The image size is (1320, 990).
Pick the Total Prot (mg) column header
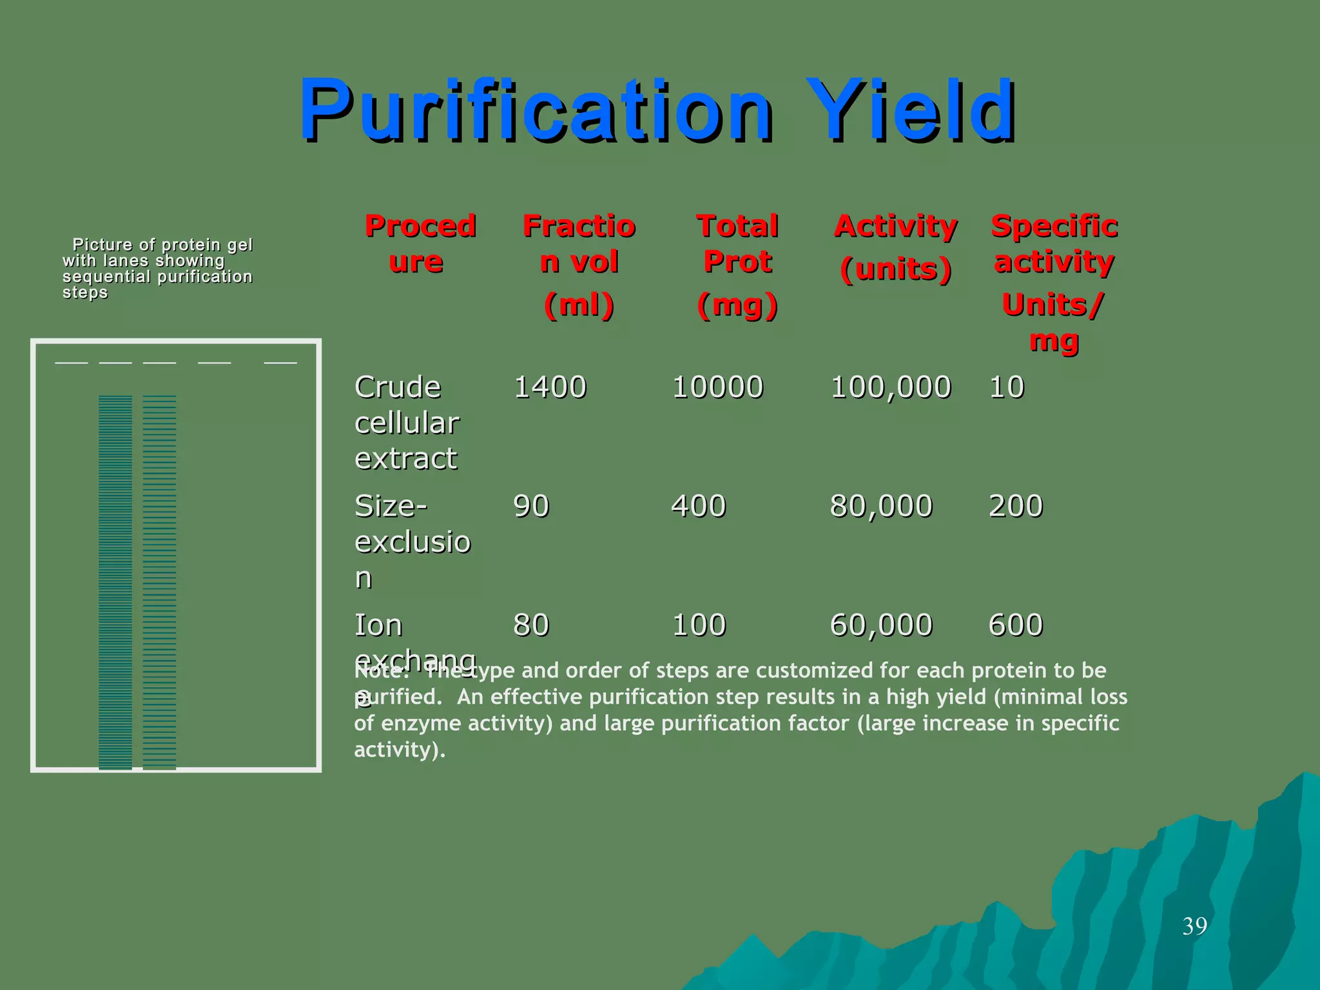(737, 265)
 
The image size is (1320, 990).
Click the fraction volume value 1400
(550, 387)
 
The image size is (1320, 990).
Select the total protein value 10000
(717, 387)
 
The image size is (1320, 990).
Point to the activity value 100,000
(891, 387)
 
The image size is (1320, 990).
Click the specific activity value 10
(1006, 387)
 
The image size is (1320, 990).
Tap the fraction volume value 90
(531, 506)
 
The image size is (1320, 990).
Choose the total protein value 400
(699, 506)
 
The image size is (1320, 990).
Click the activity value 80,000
(881, 506)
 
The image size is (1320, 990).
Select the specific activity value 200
(1015, 506)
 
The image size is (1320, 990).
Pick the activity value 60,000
(881, 625)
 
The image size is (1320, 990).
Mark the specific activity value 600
(1015, 625)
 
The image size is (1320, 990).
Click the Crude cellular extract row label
(407, 423)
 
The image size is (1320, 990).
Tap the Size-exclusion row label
(412, 541)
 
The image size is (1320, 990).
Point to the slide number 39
(1194, 926)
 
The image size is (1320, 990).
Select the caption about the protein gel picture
(157, 268)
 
